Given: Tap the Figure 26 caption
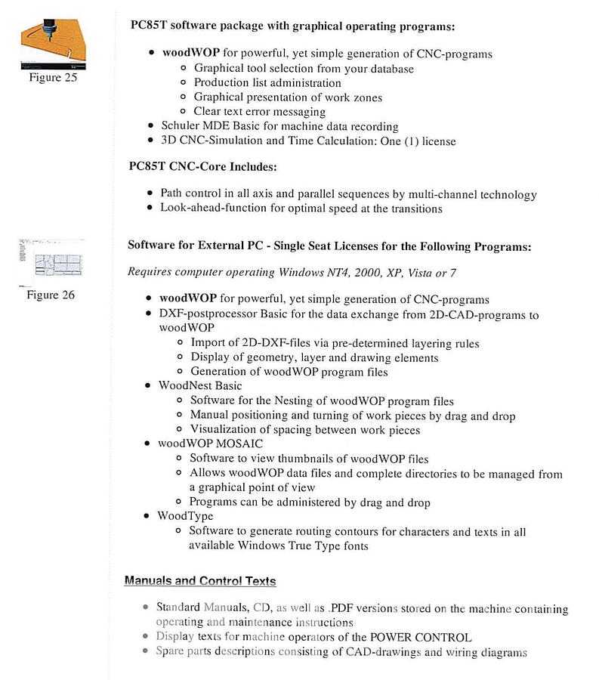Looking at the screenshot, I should [51, 295].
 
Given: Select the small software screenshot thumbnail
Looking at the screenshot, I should [52, 260].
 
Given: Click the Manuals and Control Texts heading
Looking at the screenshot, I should [200, 581].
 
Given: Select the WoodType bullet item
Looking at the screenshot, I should [186, 516].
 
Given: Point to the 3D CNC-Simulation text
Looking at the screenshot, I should [212, 141].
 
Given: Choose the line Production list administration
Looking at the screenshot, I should [267, 83].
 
